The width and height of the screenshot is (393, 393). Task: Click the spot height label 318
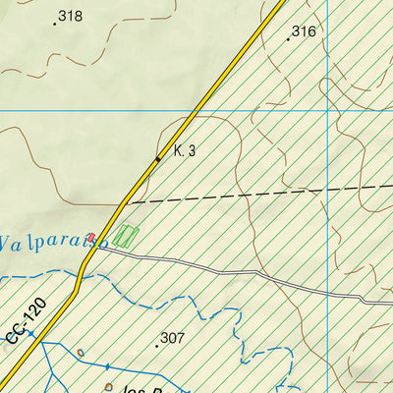point(71,16)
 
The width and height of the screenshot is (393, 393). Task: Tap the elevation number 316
point(304,31)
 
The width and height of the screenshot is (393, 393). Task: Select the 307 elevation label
point(172,338)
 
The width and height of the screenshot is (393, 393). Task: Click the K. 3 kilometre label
point(185,150)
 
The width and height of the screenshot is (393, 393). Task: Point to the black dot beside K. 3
point(158,158)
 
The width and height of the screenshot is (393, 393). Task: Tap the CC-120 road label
point(26,325)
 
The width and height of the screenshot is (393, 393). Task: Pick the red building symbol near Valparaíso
point(91,237)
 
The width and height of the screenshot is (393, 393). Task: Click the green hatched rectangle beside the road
point(125,236)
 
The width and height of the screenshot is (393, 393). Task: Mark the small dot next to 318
point(53,19)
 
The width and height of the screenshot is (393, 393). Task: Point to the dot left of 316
point(288,39)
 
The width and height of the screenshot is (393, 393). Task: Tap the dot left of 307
point(157,345)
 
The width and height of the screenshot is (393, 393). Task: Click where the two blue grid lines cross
point(326,109)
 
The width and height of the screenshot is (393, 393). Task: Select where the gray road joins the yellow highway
point(97,247)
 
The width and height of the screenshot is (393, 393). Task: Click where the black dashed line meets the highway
point(128,202)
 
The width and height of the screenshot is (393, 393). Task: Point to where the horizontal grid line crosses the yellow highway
point(203,109)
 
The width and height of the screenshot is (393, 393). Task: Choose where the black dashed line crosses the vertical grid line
point(326,189)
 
